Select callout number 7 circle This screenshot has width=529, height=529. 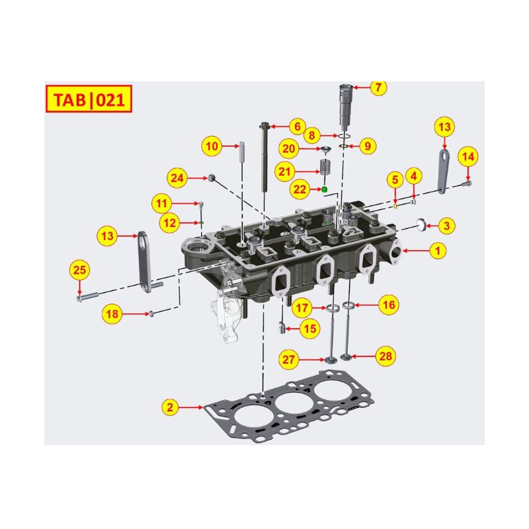pyautogui.click(x=378, y=87)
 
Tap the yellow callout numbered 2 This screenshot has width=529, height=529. pyautogui.click(x=170, y=408)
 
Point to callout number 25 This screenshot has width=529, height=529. pyautogui.click(x=79, y=270)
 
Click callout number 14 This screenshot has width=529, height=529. pyautogui.click(x=468, y=157)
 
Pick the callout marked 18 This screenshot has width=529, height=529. pyautogui.click(x=112, y=315)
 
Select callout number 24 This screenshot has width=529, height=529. pyautogui.click(x=177, y=178)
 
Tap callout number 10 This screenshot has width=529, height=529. pyautogui.click(x=211, y=145)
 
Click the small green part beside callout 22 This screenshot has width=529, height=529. pyautogui.click(x=325, y=190)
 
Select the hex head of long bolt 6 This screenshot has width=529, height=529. pyautogui.click(x=264, y=124)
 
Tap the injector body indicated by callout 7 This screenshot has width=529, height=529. pyautogui.click(x=345, y=109)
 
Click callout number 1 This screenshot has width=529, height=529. pyautogui.click(x=437, y=251)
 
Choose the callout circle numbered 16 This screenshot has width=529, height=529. pyautogui.click(x=389, y=305)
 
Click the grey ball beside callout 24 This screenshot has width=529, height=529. pyautogui.click(x=211, y=177)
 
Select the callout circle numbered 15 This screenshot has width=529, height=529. pyautogui.click(x=309, y=327)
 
